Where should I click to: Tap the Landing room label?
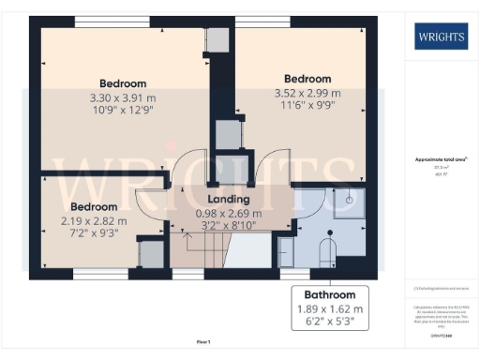click(x=228, y=200)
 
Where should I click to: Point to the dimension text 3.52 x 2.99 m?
click(x=307, y=92)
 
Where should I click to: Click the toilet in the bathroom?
click(x=328, y=252)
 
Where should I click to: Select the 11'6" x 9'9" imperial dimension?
click(x=307, y=106)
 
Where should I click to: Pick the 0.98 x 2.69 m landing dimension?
click(x=228, y=213)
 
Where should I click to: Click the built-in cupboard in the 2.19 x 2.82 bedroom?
click(x=150, y=255)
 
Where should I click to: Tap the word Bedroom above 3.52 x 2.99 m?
click(x=307, y=78)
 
